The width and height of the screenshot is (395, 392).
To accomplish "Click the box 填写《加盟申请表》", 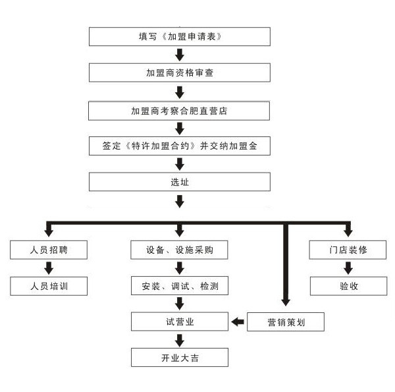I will tap(179, 36).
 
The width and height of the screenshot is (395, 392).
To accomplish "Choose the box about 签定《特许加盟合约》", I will tap(179, 146).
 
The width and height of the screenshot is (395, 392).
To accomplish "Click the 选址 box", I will tap(179, 182).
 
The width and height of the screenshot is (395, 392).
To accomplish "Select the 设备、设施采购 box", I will tap(179, 250).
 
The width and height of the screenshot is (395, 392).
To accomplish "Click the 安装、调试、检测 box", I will tap(179, 287).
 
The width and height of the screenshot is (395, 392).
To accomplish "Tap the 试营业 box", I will tap(179, 322).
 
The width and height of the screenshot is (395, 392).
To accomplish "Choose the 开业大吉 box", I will tap(179, 358).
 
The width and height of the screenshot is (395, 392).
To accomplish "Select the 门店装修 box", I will tap(348, 250).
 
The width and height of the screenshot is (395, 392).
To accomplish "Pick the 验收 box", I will tap(348, 287).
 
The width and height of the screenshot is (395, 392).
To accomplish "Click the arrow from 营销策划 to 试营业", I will tap(238, 322).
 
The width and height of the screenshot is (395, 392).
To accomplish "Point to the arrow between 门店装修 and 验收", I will tap(348, 268).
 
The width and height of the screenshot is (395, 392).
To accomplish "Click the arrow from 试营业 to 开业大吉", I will tap(179, 340).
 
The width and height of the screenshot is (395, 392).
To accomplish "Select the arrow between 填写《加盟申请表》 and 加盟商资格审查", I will tap(179, 54).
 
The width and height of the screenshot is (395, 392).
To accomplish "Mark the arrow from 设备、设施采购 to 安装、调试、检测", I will tap(179, 268).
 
